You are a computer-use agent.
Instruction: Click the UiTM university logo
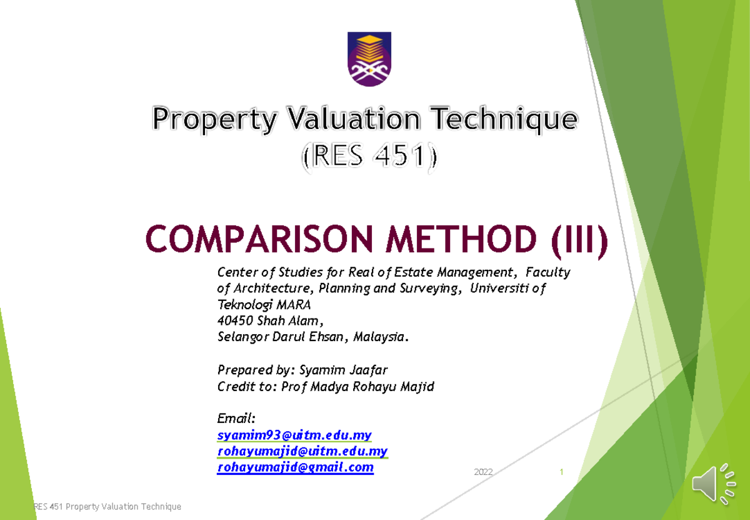tap(369, 59)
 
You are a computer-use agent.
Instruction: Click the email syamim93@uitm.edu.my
tap(294, 435)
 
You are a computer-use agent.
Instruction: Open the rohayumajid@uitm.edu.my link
tap(302, 451)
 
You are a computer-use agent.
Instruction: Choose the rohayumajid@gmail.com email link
tap(296, 467)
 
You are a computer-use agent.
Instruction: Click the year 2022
tap(483, 472)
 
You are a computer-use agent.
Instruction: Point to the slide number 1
tap(562, 472)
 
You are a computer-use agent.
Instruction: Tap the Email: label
tap(236, 418)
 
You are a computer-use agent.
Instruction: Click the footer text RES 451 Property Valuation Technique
tap(107, 506)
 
